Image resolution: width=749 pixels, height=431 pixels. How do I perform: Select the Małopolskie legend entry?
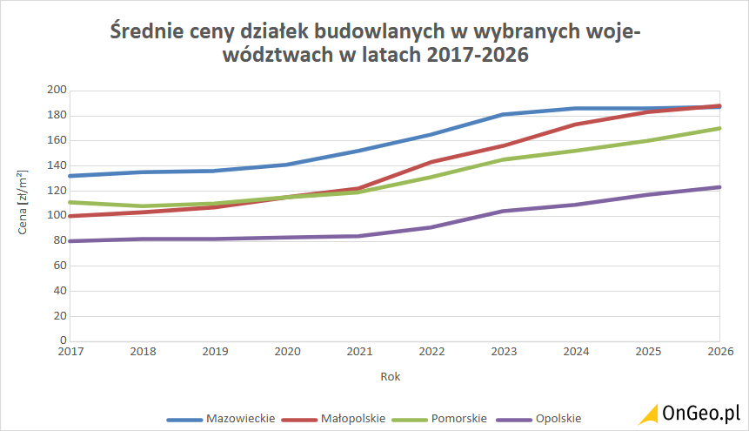point(353,418)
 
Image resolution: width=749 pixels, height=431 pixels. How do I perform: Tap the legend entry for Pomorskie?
point(458,418)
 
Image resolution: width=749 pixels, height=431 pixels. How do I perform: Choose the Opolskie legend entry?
point(558,418)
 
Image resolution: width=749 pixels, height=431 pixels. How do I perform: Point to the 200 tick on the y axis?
point(57,91)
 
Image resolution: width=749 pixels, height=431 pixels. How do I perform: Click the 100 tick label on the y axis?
point(57,216)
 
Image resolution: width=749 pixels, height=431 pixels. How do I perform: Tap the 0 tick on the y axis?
point(63,340)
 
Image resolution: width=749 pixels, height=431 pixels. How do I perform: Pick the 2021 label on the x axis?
point(358,351)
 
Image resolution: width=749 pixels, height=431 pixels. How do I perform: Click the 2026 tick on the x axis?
point(719,351)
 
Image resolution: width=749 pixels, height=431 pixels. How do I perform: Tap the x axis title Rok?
point(391,377)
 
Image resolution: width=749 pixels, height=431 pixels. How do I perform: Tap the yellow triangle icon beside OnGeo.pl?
point(647,414)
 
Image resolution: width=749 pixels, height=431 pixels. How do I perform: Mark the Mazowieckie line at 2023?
point(504,114)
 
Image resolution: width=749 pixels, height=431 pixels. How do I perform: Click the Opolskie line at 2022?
point(431,227)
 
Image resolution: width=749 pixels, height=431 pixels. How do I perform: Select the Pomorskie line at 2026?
point(719,128)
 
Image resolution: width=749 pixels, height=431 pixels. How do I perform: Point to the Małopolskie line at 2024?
point(576,125)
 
